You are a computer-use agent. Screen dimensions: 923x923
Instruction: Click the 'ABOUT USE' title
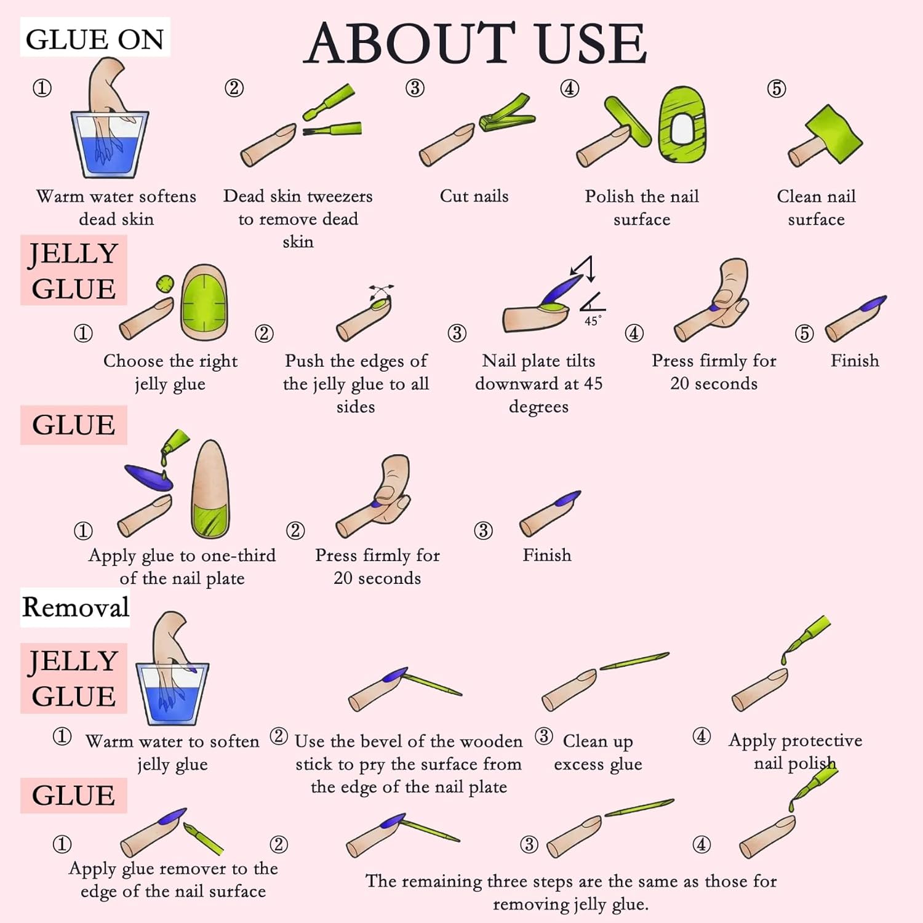pos(475,43)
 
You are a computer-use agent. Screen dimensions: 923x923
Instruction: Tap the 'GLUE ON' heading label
pos(95,39)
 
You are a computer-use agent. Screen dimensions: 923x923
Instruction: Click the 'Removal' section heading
pos(76,607)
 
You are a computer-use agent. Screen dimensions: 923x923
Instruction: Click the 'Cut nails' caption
pos(474,196)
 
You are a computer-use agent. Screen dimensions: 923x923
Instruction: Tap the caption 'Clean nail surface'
pos(816,207)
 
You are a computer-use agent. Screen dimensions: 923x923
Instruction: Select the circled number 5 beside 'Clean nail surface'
pos(777,89)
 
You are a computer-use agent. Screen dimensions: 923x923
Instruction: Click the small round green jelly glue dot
pos(164,284)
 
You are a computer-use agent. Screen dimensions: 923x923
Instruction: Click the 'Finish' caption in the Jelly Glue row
pos(855,361)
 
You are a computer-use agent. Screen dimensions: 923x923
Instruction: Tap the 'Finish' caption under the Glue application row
pos(546,555)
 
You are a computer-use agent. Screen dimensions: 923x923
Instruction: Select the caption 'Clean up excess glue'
pos(597,753)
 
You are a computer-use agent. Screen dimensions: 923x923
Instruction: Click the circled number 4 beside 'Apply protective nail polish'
pos(701,736)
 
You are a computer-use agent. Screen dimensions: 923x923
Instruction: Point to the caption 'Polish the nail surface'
pos(642,207)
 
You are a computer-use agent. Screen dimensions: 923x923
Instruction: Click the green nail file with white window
pos(681,124)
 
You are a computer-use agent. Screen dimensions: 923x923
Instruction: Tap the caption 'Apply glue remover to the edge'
pos(173,880)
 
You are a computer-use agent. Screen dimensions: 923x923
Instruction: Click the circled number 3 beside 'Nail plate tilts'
pos(457,333)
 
